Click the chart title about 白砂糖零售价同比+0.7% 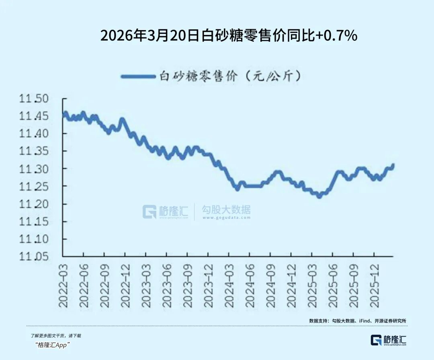(229, 36)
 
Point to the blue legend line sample (138, 76)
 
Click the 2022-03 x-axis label (63, 286)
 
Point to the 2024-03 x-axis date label (229, 286)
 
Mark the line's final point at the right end (393, 165)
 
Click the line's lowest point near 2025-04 (319, 196)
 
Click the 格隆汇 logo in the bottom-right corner (388, 340)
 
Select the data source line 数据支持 (358, 321)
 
